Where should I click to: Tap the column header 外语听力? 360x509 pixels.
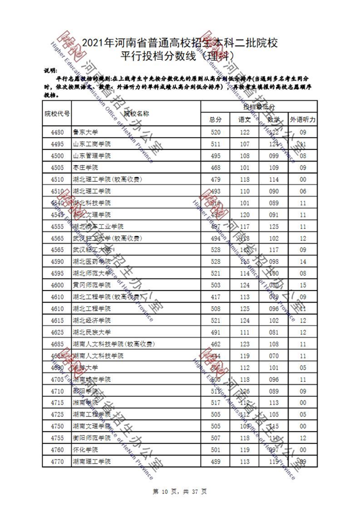coord(303,119)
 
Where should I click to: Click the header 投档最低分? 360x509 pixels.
coord(259,107)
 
